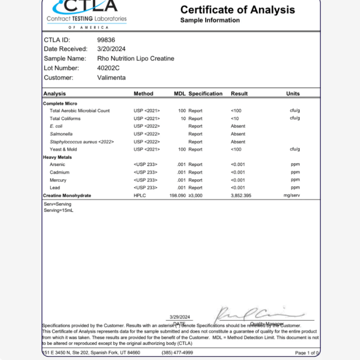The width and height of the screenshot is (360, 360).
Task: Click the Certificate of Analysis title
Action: coord(238,9)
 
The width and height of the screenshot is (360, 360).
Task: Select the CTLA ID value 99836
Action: coord(106,40)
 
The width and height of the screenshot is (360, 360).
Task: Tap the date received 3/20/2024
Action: coord(111,49)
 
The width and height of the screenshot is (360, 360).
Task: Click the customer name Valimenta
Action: coord(112,77)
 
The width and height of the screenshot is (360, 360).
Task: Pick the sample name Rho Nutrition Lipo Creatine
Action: coord(135,58)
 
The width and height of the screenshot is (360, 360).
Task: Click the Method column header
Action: coord(144,94)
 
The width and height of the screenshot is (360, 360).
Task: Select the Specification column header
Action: coord(205,94)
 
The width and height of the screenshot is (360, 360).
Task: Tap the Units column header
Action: coord(293,94)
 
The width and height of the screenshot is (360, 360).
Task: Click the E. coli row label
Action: coord(56,126)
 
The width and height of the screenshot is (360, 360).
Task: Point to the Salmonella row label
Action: coord(61,134)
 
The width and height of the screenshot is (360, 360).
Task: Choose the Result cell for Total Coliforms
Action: coord(235,118)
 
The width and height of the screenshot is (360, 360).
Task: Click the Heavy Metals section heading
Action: coord(57,157)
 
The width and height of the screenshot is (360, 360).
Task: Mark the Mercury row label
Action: coord(58,180)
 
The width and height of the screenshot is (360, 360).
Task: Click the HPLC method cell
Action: coord(139,195)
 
